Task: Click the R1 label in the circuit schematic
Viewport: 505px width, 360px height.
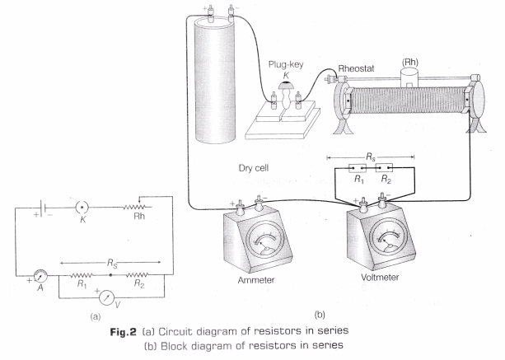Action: [81, 282]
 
